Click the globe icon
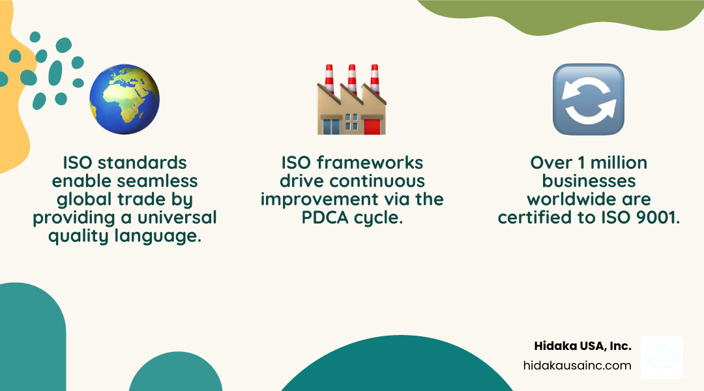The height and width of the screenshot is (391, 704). pyautogui.click(x=125, y=99)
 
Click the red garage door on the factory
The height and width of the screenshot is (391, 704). pyautogui.click(x=372, y=126)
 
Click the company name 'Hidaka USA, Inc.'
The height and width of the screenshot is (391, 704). pyautogui.click(x=583, y=346)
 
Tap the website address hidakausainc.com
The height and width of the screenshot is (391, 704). pyautogui.click(x=577, y=365)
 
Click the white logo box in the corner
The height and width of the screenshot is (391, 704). pyautogui.click(x=662, y=357)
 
